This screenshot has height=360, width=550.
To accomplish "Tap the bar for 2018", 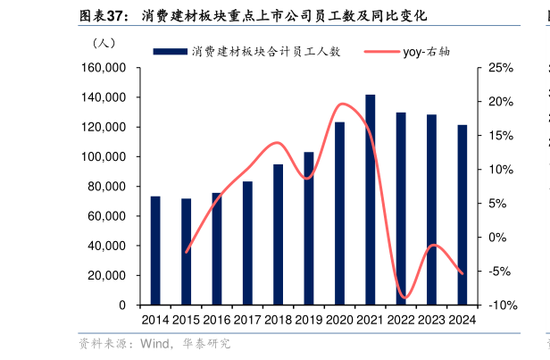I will click(x=278, y=234).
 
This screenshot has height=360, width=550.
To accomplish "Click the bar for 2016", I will click(x=217, y=248).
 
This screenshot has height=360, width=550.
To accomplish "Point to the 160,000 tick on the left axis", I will click(x=104, y=68).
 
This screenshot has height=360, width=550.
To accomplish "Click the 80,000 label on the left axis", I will click(x=108, y=187).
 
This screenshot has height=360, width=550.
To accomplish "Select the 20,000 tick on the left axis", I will click(x=108, y=275).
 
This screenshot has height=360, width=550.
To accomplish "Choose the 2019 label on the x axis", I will click(x=309, y=320).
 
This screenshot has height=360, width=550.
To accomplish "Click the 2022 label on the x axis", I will click(x=401, y=320).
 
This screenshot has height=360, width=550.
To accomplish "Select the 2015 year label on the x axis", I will click(x=186, y=320).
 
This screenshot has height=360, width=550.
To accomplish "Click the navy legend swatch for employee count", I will click(x=169, y=52).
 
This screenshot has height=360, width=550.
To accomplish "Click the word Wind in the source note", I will click(x=147, y=343).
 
